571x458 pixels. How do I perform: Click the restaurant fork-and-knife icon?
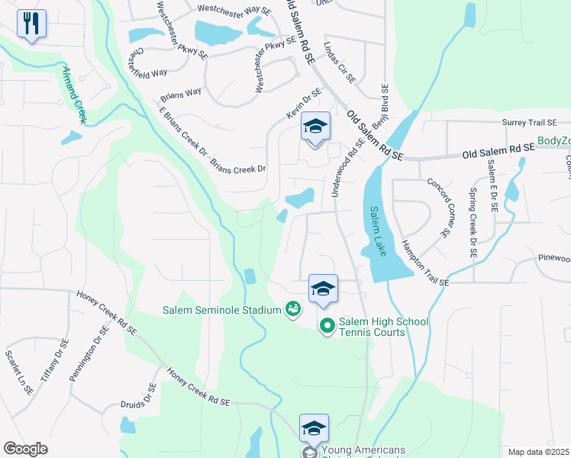[x=31, y=24]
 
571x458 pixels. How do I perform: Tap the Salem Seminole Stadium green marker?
[x=292, y=309]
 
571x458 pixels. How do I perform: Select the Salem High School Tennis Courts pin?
[x=327, y=326]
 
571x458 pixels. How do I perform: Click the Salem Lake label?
[x=379, y=231]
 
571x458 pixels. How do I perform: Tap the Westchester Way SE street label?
[x=234, y=9]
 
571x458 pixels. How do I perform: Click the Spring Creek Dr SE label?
[x=473, y=221]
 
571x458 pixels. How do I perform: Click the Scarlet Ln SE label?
[x=18, y=372]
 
